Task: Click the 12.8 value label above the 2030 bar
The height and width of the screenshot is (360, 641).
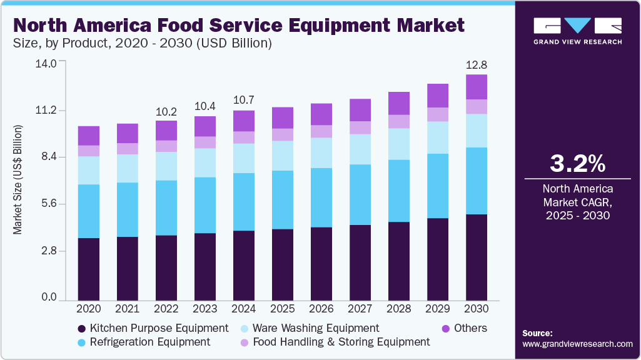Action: (x=477, y=65)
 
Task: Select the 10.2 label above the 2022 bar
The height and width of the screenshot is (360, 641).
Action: (x=166, y=112)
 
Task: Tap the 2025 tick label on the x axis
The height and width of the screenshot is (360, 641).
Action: (x=283, y=308)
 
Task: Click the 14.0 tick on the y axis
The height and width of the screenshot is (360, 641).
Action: (x=48, y=63)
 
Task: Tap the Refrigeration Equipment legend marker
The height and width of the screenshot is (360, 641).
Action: (x=81, y=342)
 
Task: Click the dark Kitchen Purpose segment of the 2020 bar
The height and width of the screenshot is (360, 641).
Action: (x=89, y=269)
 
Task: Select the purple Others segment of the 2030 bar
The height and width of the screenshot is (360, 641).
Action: (x=477, y=87)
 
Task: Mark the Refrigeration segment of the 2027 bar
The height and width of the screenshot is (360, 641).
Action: (x=360, y=194)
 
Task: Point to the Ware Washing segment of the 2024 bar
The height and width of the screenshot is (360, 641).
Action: (x=244, y=158)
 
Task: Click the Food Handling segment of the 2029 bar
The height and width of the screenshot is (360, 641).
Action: (x=438, y=114)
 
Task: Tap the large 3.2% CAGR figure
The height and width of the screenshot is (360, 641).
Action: (x=577, y=164)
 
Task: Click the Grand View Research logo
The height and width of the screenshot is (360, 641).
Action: (x=577, y=31)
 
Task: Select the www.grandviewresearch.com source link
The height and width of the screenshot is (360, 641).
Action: (x=577, y=344)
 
